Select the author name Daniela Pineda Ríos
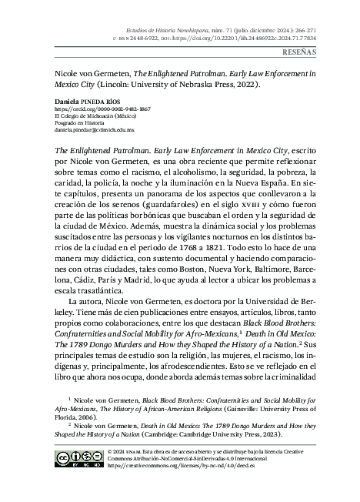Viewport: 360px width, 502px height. click(88, 101)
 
